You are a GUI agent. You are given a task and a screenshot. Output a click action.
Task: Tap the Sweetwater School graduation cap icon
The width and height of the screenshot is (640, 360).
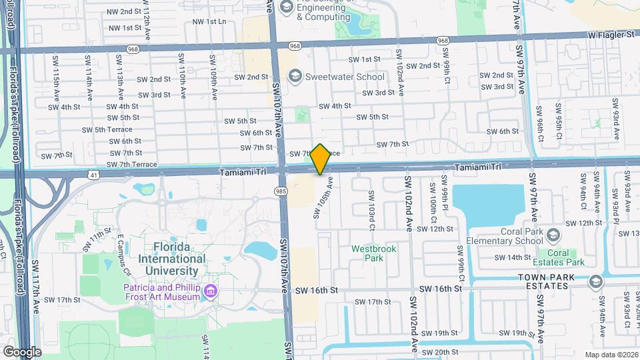click(x=294, y=76)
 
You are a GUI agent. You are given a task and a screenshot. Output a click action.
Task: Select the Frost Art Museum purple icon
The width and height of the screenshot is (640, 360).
click(x=211, y=291)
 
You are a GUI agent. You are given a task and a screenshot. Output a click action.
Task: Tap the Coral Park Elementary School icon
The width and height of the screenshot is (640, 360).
click(x=553, y=234)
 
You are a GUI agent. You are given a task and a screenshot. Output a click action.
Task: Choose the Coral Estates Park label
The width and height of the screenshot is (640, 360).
click(x=558, y=257)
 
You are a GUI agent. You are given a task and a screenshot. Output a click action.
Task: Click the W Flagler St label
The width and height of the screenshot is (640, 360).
click(x=611, y=33)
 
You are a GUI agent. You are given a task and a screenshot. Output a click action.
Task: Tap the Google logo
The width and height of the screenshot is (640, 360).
click(x=22, y=351)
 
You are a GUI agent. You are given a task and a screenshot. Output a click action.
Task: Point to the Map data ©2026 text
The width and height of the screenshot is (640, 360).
click(x=611, y=355)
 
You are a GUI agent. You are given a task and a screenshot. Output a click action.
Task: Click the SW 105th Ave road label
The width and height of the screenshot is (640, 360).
click(x=321, y=197)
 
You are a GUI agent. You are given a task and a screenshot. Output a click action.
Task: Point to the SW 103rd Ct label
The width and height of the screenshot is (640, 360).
click(x=372, y=205)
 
